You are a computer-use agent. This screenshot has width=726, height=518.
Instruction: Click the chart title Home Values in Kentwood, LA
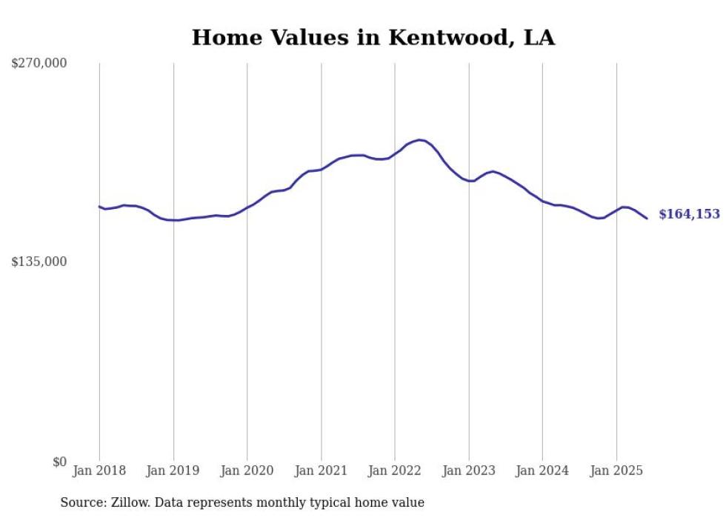tap(373, 38)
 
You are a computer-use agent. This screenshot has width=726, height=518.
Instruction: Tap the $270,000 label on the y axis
tap(39, 64)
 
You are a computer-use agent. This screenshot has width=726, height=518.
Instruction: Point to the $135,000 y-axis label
tap(39, 262)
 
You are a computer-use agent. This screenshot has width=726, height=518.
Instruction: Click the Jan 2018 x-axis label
tap(99, 471)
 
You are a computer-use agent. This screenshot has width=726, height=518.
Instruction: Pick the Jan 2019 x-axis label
tap(173, 471)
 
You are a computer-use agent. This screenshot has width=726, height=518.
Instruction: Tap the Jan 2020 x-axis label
tap(247, 471)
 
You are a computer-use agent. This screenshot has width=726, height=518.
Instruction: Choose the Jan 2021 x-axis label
tap(321, 471)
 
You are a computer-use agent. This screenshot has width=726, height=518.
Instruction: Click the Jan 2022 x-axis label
tap(395, 471)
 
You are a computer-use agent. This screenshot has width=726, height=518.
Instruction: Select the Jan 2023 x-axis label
tap(468, 471)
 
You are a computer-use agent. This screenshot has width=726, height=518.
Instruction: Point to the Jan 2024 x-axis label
tap(542, 471)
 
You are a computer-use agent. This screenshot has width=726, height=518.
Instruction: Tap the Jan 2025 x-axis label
tap(616, 471)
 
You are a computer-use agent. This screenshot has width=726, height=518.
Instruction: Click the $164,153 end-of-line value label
tap(689, 214)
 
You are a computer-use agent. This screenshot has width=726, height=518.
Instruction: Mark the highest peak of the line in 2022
tap(419, 140)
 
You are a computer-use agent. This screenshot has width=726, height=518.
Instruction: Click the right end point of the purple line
tap(647, 219)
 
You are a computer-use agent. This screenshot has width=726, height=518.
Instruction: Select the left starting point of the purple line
tap(99, 207)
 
